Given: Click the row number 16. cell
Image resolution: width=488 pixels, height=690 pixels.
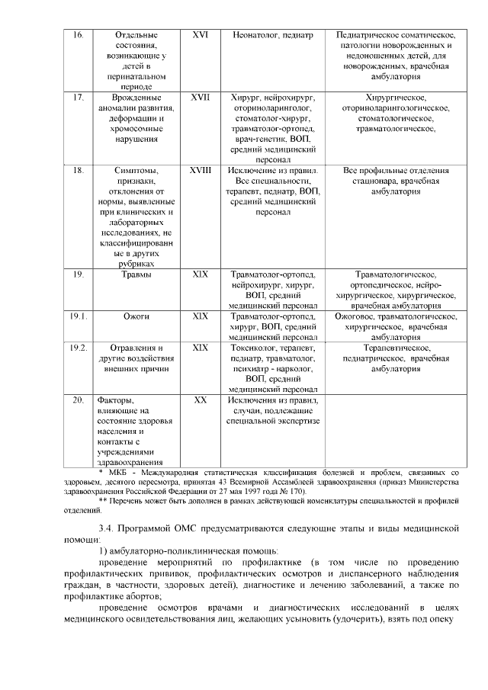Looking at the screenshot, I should point(78,35).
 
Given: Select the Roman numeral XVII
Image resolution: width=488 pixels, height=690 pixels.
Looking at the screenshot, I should point(200,98).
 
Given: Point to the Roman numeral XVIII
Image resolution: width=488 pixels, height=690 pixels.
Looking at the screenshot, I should point(200,170).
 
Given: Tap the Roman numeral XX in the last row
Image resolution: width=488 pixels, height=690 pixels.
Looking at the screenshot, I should point(200,400).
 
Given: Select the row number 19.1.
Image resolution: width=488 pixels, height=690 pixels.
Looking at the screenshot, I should point(79,316).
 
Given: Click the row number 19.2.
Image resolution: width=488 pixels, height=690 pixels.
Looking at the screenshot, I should point(79,347).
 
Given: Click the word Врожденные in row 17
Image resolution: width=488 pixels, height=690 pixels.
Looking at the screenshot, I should point(136,98).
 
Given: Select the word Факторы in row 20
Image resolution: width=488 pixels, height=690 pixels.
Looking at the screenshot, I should point(115,400).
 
